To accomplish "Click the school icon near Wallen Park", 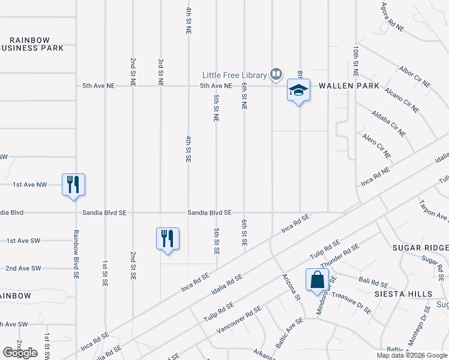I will pos(298,91).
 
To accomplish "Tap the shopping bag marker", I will pos(317,280).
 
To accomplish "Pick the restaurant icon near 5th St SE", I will pos(167,239).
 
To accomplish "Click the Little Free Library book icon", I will pos(276,74).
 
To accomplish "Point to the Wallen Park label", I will pos(349,86).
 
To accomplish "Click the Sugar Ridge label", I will pos(420,248).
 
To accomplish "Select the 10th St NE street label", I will pos(356,61).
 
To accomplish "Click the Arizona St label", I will pos(291,287).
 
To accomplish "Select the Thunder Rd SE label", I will pos(340,256).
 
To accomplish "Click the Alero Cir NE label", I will pos(376,146).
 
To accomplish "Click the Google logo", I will pos(20,353).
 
